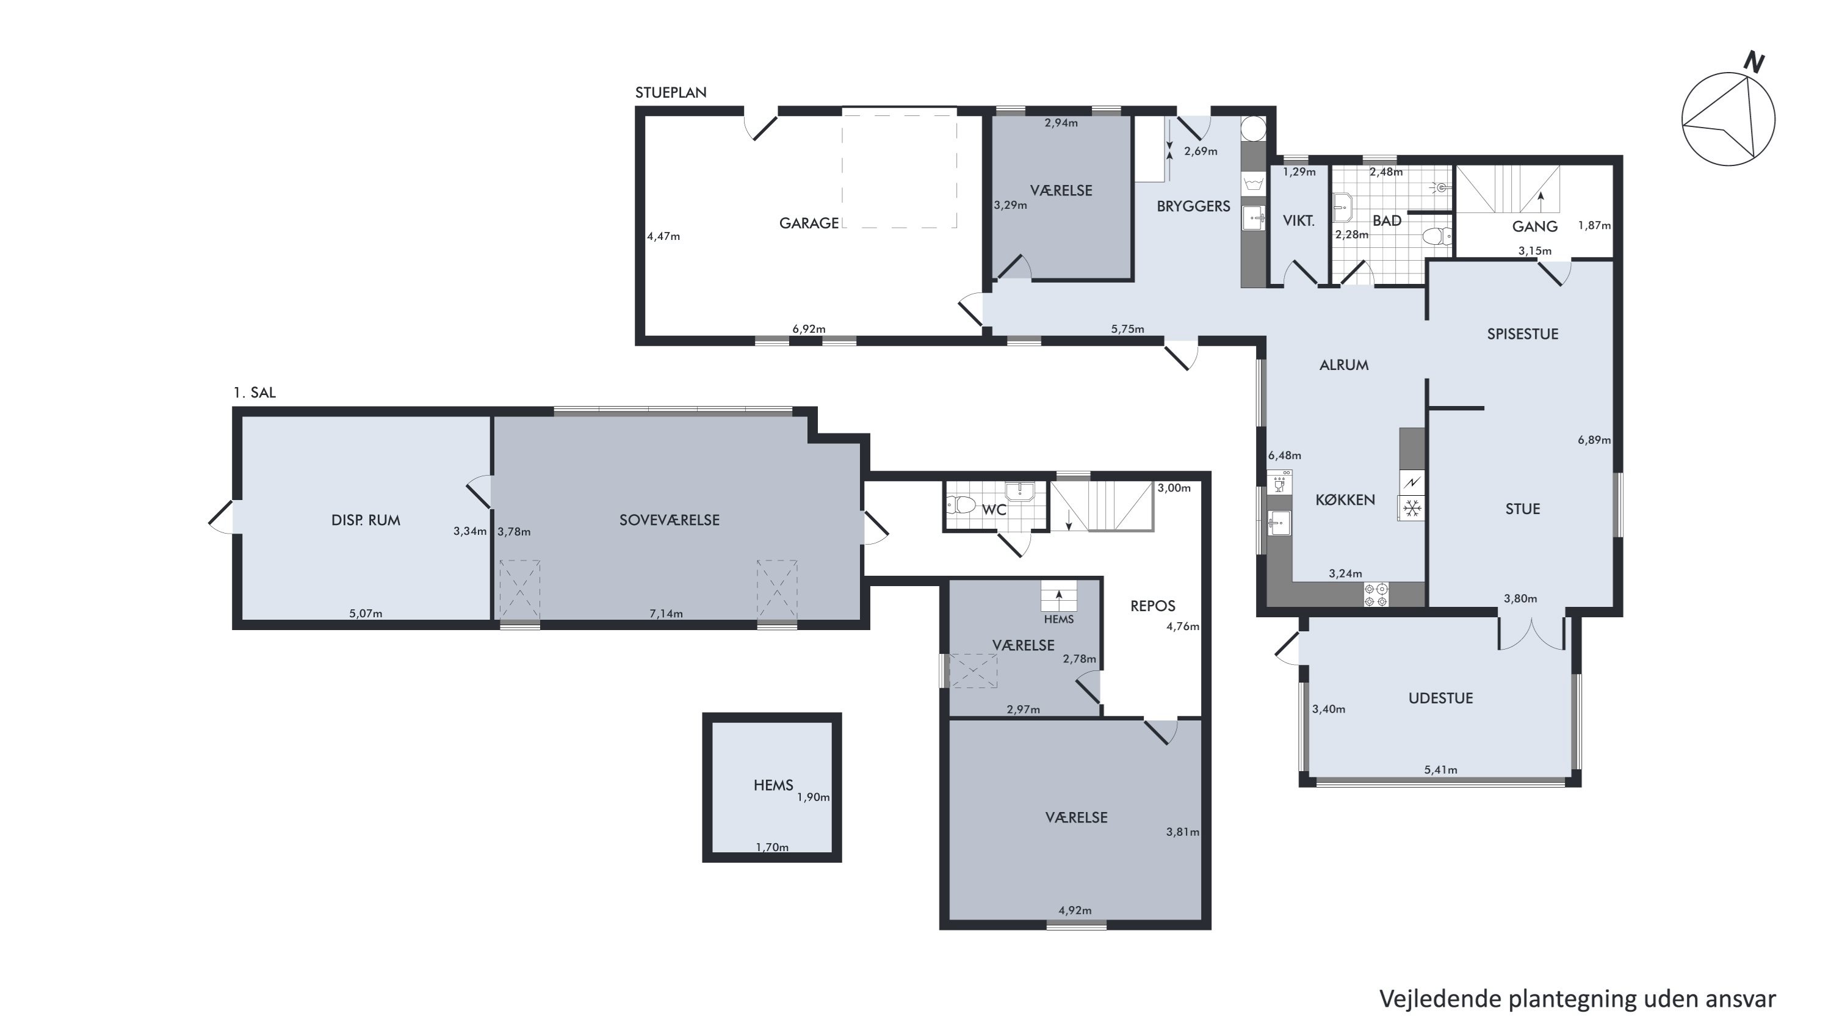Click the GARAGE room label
[809, 223]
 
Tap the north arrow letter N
[1753, 62]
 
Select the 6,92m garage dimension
[809, 329]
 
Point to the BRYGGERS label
[1193, 206]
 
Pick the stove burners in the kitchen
[1377, 595]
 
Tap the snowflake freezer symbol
[1412, 508]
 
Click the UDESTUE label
[1441, 698]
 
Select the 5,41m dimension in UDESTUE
[1441, 770]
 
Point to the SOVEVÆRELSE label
[670, 520]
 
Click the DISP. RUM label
[366, 520]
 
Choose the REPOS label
[1153, 606]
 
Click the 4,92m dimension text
[1075, 910]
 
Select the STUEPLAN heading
[671, 92]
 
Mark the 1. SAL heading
[255, 393]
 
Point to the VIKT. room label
[1299, 221]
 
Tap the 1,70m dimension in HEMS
[772, 847]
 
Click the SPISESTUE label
[1523, 334]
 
